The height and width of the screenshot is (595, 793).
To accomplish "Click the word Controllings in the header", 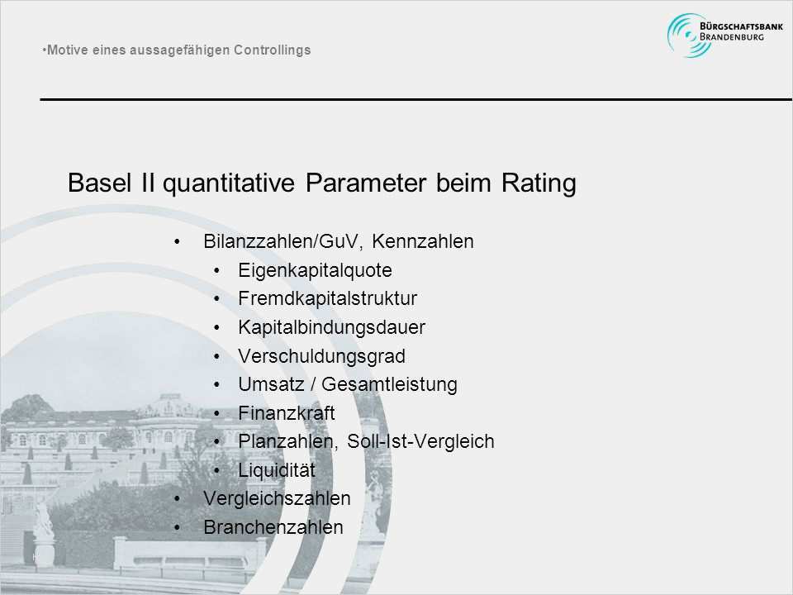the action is click(272, 50).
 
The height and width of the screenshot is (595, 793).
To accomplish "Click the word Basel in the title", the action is click(100, 182).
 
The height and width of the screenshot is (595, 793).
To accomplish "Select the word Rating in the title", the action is click(539, 183).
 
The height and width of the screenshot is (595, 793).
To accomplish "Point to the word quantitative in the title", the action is click(229, 183).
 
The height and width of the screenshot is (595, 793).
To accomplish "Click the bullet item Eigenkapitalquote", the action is click(315, 270).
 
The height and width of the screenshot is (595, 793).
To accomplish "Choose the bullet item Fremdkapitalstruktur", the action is click(328, 298).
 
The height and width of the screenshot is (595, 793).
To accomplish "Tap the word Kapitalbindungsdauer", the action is click(332, 327).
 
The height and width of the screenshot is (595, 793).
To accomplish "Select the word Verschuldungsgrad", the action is click(321, 356).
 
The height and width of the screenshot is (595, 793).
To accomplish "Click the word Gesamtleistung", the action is click(389, 384).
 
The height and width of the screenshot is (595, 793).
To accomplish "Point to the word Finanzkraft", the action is click(287, 413).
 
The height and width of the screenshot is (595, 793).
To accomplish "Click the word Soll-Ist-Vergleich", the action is click(420, 441).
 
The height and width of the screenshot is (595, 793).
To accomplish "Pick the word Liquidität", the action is click(277, 470).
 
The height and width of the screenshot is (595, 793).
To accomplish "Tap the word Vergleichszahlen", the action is click(277, 498).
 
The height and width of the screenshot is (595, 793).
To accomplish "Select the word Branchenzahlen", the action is click(273, 527).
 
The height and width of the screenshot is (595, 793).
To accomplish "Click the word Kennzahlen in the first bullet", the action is click(423, 241).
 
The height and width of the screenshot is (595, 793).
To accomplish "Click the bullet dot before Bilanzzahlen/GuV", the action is click(177, 242).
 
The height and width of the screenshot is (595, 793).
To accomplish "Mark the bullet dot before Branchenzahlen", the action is click(177, 528).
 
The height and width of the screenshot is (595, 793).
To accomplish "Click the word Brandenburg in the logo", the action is click(732, 37).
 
